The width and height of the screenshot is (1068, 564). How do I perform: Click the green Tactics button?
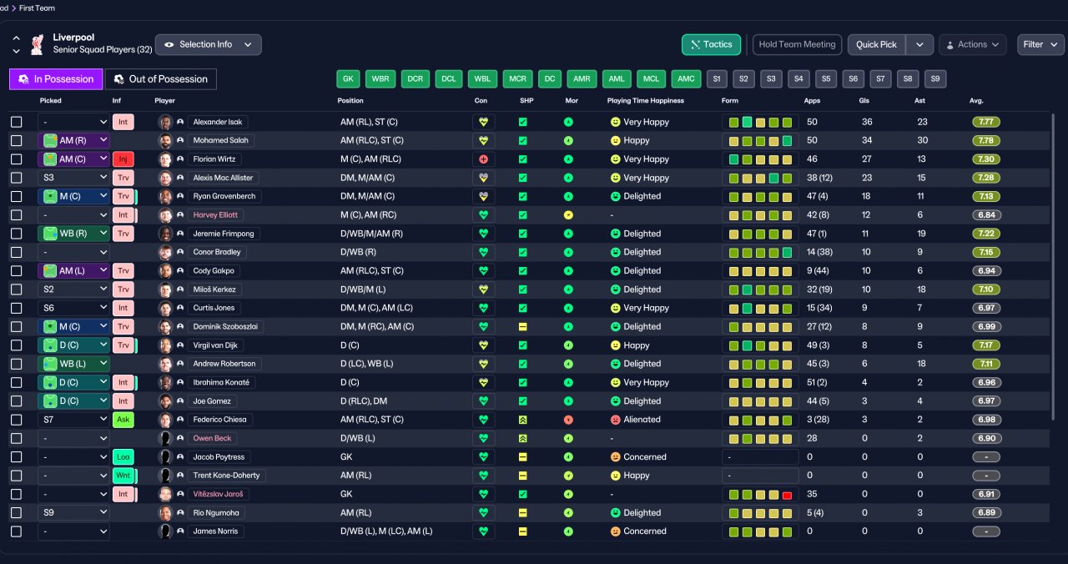711,44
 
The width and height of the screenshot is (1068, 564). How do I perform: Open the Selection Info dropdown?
209,44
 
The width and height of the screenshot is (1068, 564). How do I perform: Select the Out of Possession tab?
161,79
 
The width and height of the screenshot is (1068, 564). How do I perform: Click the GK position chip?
348,79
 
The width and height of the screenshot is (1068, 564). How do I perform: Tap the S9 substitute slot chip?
935,79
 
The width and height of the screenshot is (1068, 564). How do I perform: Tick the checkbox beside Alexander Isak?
16,122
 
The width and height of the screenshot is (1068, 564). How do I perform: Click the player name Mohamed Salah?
221,141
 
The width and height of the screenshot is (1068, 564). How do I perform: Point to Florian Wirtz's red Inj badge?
123,159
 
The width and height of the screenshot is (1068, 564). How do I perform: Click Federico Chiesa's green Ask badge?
123,420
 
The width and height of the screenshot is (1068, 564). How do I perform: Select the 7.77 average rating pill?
986,122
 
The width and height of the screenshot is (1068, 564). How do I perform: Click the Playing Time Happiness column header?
646,101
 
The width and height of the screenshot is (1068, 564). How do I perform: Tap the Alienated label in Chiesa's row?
642,420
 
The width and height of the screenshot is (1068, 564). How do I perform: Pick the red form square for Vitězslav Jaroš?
787,495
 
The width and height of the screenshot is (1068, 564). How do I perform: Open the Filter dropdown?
1040,44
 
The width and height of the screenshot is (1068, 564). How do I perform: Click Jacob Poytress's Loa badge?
123,456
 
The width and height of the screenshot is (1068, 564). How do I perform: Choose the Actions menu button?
972,44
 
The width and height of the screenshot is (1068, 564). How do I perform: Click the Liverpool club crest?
38,44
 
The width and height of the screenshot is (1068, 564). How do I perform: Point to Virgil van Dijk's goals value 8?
864,345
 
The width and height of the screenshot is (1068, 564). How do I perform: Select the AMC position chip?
686,79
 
